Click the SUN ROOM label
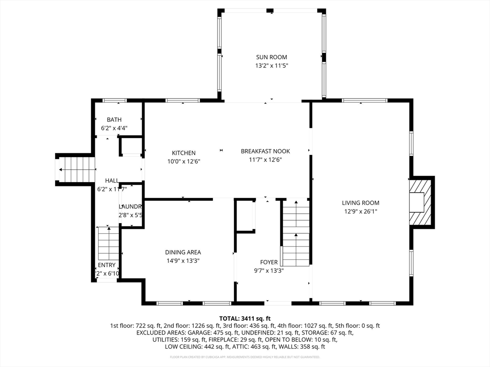click(x=271, y=57)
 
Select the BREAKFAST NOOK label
click(x=265, y=151)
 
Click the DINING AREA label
click(x=183, y=252)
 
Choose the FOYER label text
click(x=268, y=262)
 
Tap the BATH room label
click(x=114, y=119)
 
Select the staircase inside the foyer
click(x=296, y=233)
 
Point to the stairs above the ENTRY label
click(x=109, y=244)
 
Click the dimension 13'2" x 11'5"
click(x=271, y=66)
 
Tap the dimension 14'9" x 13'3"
click(x=183, y=261)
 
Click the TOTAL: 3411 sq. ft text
click(x=245, y=318)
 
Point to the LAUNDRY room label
click(x=130, y=206)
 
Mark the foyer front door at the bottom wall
click(x=278, y=303)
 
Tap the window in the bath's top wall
click(x=115, y=100)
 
